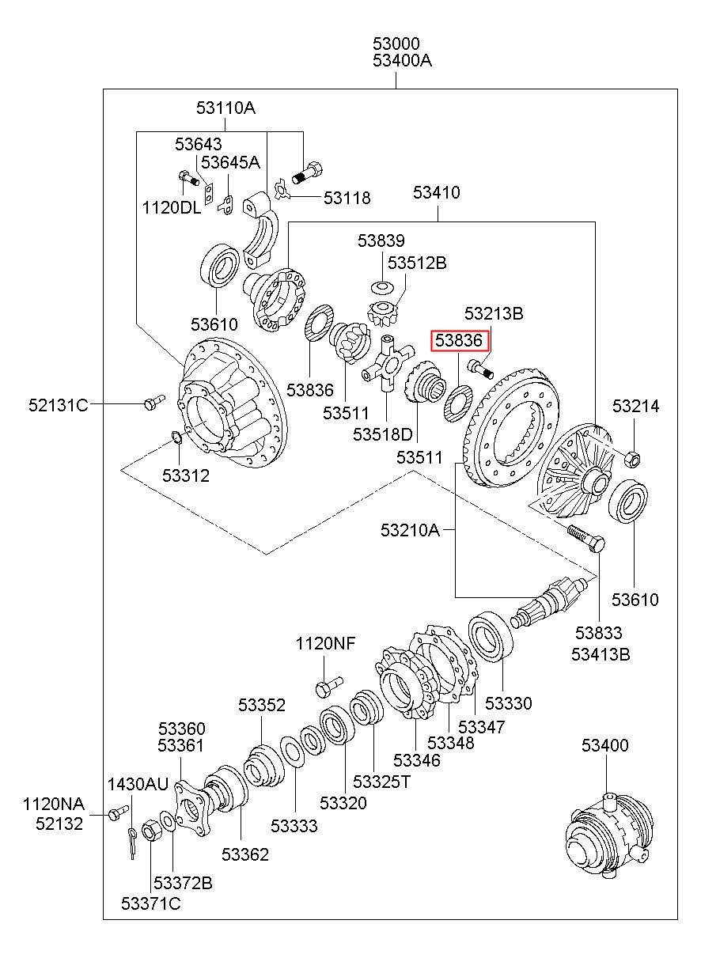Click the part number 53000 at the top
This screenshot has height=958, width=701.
pyautogui.click(x=396, y=44)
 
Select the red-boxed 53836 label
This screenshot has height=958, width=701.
pyautogui.click(x=459, y=340)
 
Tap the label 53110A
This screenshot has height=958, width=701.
pyautogui.click(x=225, y=108)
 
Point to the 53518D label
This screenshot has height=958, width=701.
pyautogui.click(x=383, y=434)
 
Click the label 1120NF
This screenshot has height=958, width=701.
pyautogui.click(x=325, y=643)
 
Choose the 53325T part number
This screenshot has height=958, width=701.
pyautogui.click(x=381, y=782)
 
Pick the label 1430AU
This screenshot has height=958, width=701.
pyautogui.click(x=138, y=785)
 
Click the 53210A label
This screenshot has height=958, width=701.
pyautogui.click(x=410, y=530)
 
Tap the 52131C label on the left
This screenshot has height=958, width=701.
pyautogui.click(x=59, y=405)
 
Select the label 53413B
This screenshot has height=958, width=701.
pyautogui.click(x=601, y=655)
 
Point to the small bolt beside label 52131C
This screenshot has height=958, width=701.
pyautogui.click(x=154, y=402)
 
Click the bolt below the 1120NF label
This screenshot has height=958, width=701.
pyautogui.click(x=329, y=686)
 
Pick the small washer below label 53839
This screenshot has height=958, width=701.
pyautogui.click(x=382, y=288)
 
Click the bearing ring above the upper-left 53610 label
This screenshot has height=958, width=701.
pyautogui.click(x=220, y=266)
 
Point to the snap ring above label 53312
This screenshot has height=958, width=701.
pyautogui.click(x=176, y=437)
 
